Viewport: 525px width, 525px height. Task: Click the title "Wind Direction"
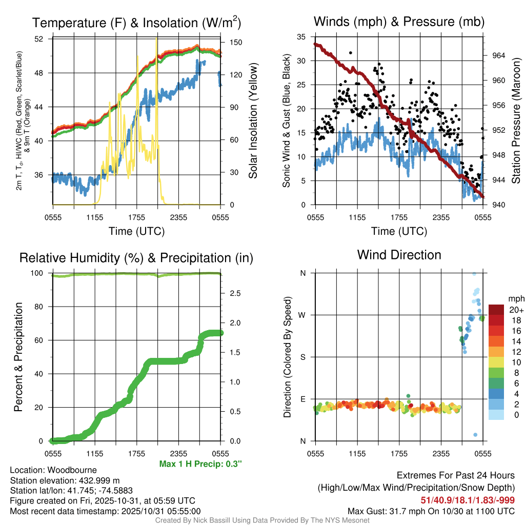click(399, 255)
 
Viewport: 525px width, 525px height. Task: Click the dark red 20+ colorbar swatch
click(496, 310)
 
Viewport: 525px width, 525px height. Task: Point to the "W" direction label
click(302, 315)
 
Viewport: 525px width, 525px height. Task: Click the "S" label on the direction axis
click(303, 357)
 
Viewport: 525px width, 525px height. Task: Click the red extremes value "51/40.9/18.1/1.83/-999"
click(467, 500)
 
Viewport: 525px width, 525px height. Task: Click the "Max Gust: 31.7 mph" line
click(431, 511)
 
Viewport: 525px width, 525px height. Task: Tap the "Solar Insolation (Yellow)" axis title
click(253, 121)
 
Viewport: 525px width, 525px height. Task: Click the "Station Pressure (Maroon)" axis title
click(516, 121)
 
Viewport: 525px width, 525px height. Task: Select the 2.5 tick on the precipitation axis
click(234, 293)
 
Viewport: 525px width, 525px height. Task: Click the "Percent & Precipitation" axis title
click(18, 357)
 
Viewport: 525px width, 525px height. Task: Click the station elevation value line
click(65, 480)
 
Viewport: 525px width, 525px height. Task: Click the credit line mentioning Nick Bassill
click(262, 520)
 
